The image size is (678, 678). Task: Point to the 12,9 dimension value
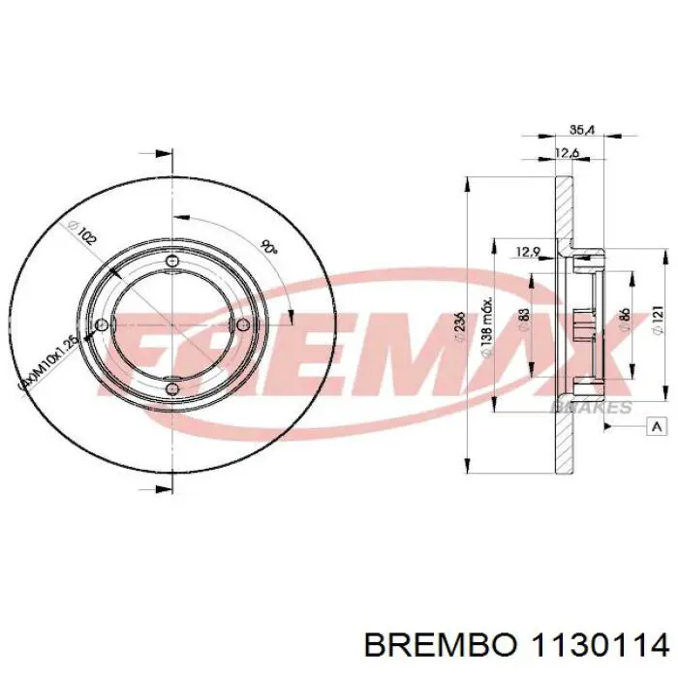pyautogui.click(x=527, y=253)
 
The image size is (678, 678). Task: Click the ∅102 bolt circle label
pyautogui.click(x=81, y=235)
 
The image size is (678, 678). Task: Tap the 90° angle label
pyautogui.click(x=268, y=247)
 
